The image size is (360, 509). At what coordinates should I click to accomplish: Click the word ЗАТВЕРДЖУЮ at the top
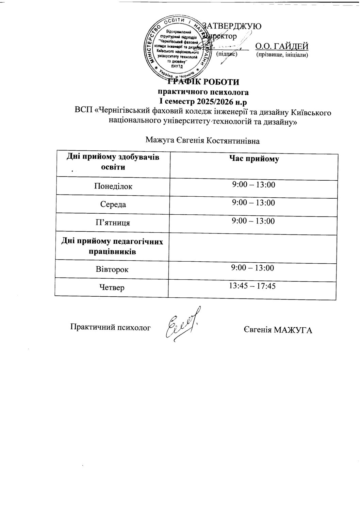(232, 26)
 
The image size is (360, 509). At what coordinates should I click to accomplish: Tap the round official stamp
(176, 48)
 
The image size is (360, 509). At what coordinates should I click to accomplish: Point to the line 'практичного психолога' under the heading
(203, 92)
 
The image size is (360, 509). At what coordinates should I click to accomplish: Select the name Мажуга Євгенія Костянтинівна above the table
(202, 140)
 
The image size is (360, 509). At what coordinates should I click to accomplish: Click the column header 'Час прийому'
(254, 159)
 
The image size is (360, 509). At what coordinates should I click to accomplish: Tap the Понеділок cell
(112, 186)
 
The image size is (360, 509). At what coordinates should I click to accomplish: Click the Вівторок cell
(112, 269)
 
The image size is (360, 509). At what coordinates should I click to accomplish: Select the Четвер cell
(112, 288)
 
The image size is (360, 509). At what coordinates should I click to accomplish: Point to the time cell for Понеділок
(253, 185)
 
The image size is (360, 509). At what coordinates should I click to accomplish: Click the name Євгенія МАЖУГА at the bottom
(278, 330)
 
